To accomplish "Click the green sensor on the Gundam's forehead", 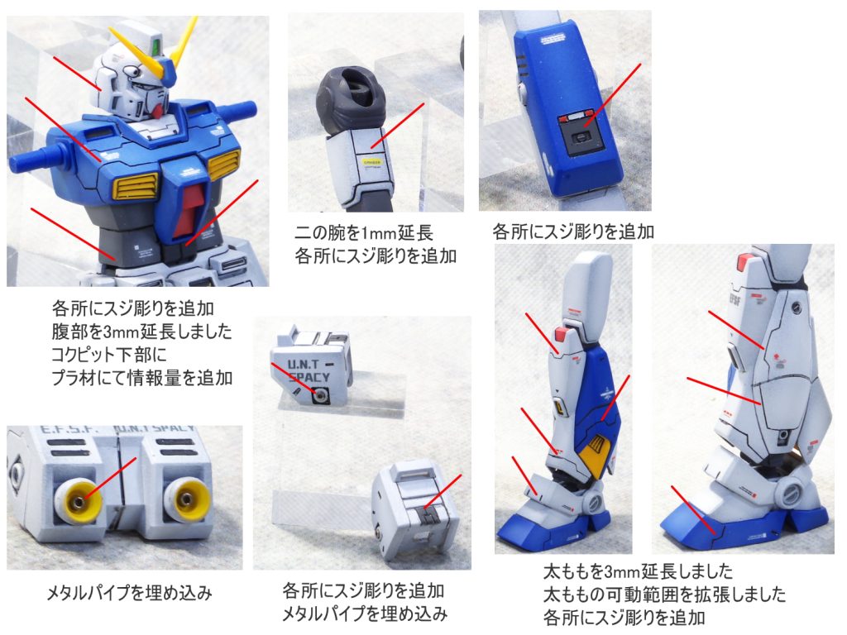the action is click(x=157, y=44).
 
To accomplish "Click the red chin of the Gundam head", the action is click(x=156, y=112).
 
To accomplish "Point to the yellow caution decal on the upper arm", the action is click(x=371, y=161).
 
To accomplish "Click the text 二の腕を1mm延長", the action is click(x=364, y=233).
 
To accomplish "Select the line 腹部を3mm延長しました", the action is click(x=141, y=331).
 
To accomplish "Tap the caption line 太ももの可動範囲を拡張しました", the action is click(x=664, y=594).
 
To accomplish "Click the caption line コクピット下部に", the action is click(x=108, y=354).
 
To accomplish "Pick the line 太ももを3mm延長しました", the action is click(x=638, y=571).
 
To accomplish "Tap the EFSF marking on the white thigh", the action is click(x=735, y=299).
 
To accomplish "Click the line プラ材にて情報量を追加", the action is click(x=141, y=377).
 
